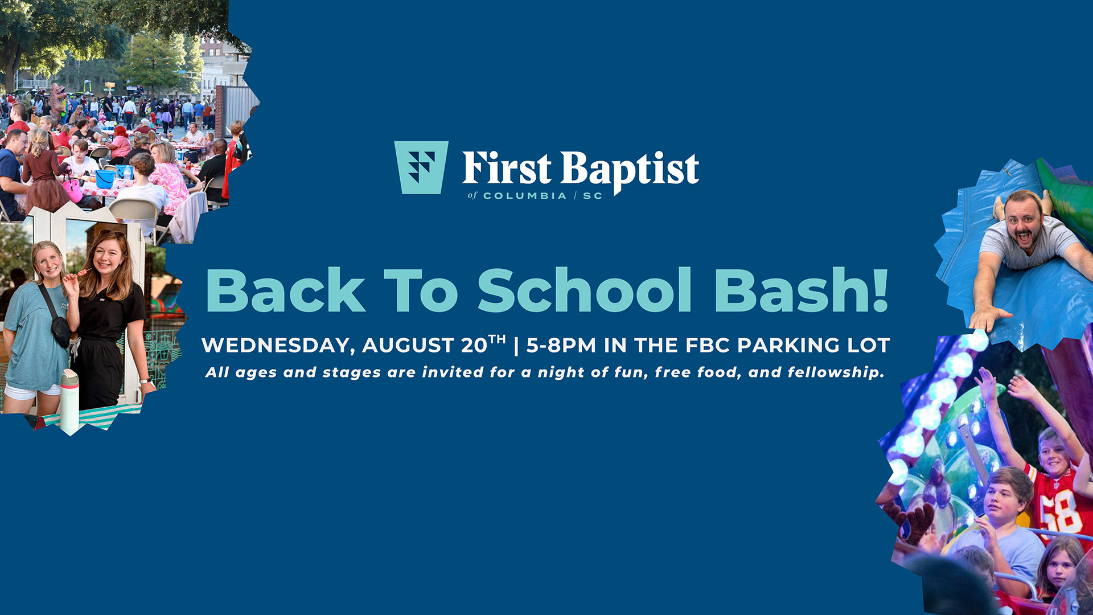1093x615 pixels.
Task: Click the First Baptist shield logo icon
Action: point(421,167)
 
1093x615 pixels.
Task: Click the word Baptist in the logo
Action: point(630,170)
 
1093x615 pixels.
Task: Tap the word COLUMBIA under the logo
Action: point(525,196)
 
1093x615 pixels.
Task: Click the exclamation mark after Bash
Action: point(880,290)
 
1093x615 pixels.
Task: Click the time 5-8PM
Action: point(561,345)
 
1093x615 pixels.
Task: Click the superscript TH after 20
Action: point(497,340)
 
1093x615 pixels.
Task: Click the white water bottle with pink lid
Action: point(69,401)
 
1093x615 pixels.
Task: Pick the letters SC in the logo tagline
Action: point(593,196)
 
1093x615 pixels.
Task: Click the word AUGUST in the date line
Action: point(408,346)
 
